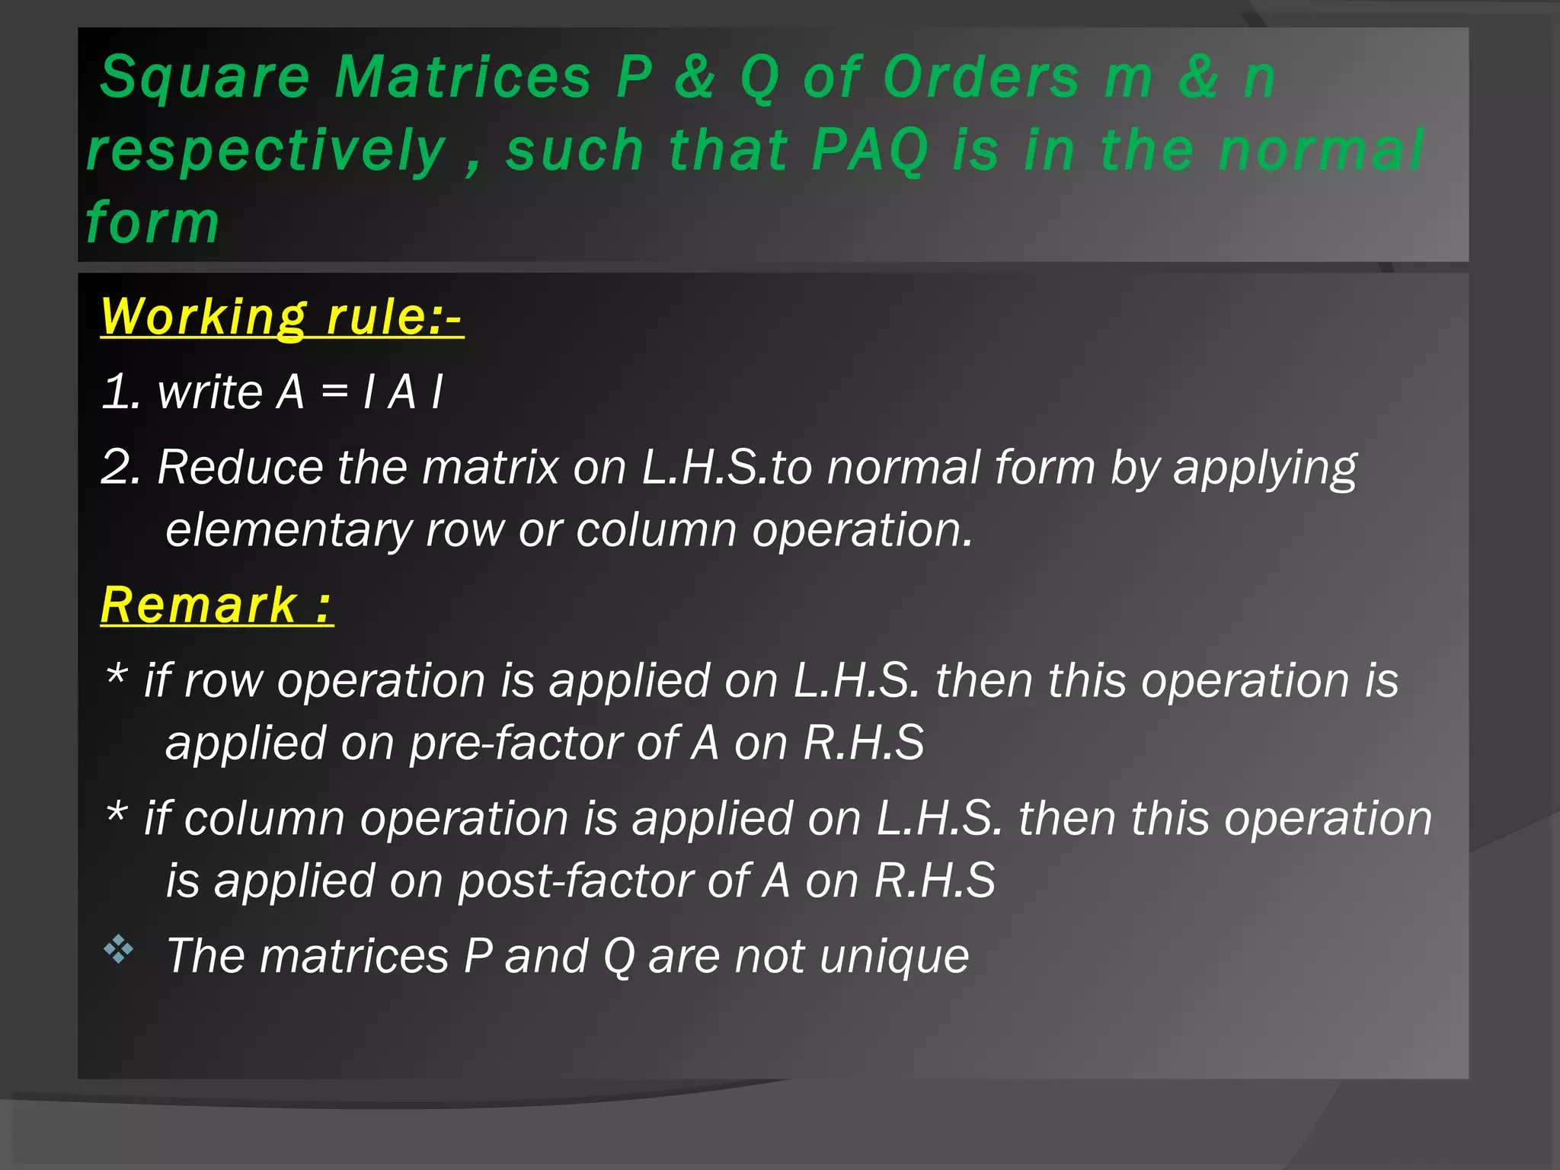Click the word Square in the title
tap(204, 78)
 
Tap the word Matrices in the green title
tap(463, 77)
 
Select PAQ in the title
tap(869, 150)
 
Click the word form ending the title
tap(152, 222)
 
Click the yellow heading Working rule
tap(281, 316)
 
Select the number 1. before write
tap(120, 392)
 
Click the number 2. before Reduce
tap(121, 466)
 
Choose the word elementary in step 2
tap(289, 529)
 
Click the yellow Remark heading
tap(216, 606)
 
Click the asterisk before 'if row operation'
tap(116, 675)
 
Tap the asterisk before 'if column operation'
tap(116, 813)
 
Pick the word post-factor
tap(575, 881)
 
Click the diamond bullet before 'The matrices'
tap(118, 950)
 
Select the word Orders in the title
tap(981, 77)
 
